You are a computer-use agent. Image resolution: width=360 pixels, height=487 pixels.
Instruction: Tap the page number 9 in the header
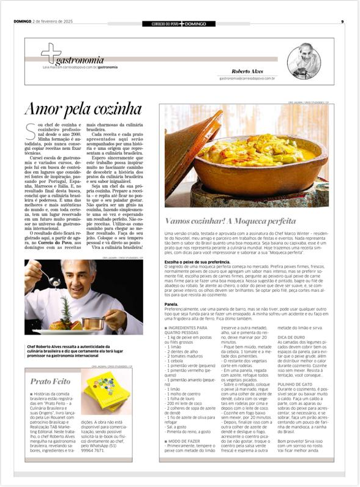pos(342,23)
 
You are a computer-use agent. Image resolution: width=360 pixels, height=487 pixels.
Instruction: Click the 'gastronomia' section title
pos(79,60)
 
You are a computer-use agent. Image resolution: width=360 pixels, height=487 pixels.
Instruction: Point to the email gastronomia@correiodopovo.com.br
pos(247,78)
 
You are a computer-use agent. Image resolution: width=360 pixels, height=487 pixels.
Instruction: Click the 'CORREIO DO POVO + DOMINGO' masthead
pos(180,23)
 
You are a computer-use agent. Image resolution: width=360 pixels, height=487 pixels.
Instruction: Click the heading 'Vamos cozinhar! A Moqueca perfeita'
pos(231,220)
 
